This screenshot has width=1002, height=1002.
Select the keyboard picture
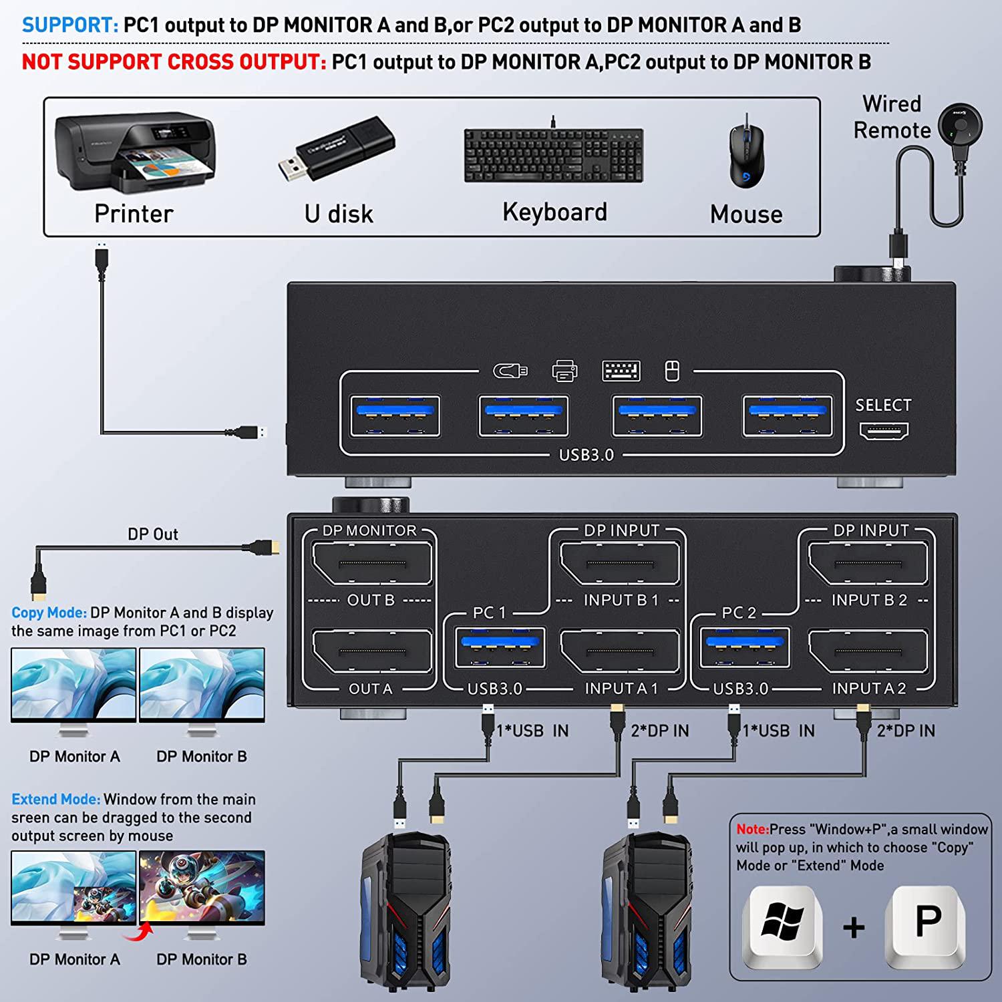(554, 155)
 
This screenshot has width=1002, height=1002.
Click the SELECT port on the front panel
(884, 432)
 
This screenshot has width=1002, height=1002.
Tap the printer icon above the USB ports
(564, 371)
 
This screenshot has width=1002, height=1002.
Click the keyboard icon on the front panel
(621, 371)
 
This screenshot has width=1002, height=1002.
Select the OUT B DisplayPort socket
(372, 564)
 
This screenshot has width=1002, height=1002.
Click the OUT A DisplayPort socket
(372, 651)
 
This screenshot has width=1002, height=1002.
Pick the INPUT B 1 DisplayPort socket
(621, 564)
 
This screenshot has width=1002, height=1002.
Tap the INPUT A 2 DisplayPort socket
(868, 651)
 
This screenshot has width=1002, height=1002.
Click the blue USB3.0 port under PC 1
(499, 647)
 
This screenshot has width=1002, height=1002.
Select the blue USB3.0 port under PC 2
(745, 647)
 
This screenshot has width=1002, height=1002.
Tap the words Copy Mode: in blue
(49, 613)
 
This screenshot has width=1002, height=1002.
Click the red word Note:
(752, 829)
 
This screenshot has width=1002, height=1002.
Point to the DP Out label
(153, 534)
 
